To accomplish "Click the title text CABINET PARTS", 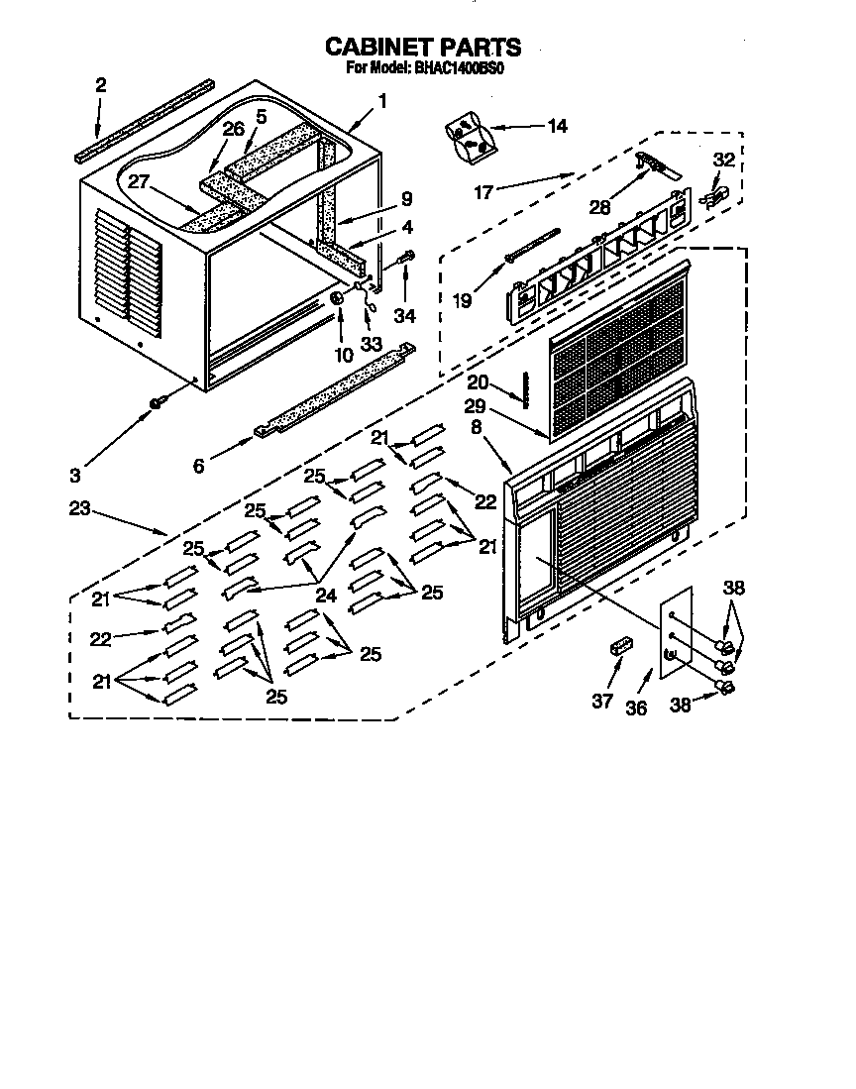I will pos(423,47).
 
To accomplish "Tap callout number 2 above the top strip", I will pos(100,86).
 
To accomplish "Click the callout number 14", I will pos(557,126).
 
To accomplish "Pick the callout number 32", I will pos(724,158).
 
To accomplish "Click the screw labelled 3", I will pos(156,401).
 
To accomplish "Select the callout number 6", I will pos(198,465).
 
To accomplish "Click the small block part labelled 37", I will pos(621,646).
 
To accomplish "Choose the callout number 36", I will pos(635,708).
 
